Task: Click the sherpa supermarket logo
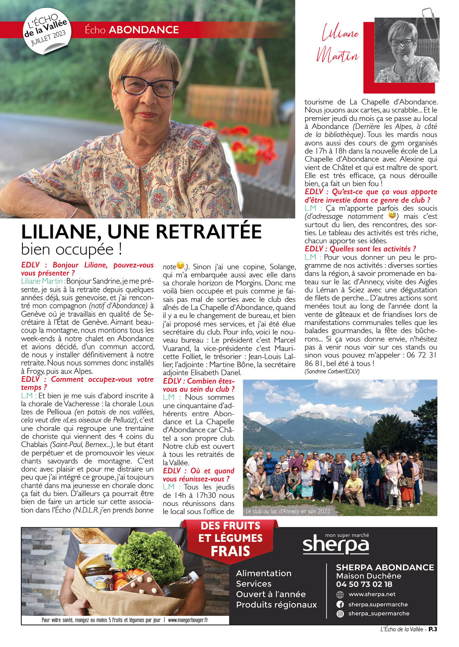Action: (335, 545)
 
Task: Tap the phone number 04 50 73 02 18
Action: (364, 584)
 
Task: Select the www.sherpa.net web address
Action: (372, 594)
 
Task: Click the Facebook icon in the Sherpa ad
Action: (340, 605)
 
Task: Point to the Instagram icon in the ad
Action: (340, 614)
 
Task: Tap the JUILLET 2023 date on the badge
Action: (48, 38)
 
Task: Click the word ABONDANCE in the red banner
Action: (144, 30)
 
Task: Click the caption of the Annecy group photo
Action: (288, 511)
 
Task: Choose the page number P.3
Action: (433, 629)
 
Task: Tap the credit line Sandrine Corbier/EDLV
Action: (332, 371)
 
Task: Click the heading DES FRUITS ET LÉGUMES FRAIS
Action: (230, 538)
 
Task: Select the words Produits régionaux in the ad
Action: (276, 605)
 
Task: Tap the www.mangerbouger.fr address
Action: (188, 620)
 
